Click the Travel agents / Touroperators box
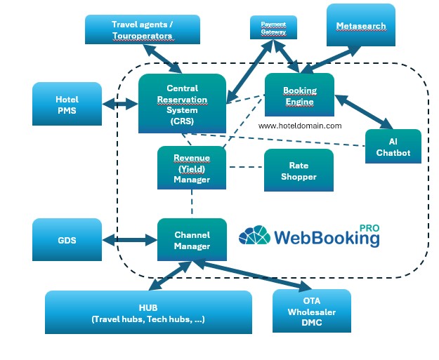click(143, 29)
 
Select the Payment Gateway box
click(274, 28)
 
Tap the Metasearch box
click(360, 26)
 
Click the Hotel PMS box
click(67, 105)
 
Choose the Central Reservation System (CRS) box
click(182, 104)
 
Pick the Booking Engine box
click(299, 96)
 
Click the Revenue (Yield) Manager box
click(192, 168)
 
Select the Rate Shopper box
click(298, 171)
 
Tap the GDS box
click(67, 240)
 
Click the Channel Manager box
click(192, 239)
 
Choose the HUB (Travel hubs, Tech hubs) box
click(148, 312)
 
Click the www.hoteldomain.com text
click(300, 126)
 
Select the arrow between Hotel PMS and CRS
click(119, 105)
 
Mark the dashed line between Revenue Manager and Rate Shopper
click(245, 167)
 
